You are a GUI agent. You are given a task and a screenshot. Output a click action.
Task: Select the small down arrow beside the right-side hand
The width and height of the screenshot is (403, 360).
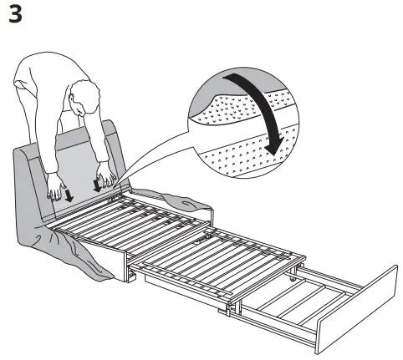tap(99, 185)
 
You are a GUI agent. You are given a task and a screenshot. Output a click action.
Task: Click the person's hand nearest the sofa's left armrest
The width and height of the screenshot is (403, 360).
tap(56, 190)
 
